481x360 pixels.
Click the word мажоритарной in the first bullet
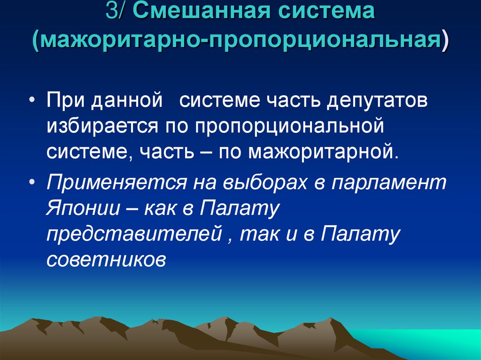coord(324,152)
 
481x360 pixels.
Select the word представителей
coord(133,233)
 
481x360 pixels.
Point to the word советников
coord(106,259)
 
